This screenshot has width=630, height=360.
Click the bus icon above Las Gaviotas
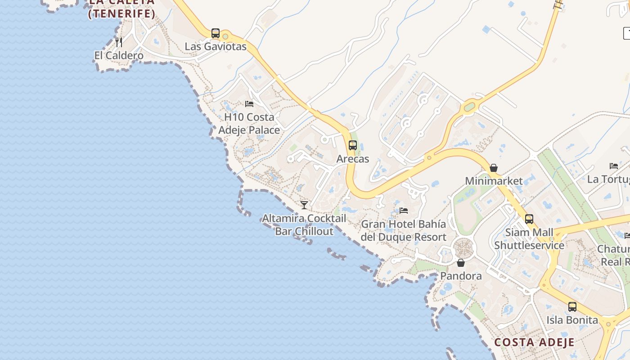(216, 33)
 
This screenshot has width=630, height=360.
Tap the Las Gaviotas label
(216, 46)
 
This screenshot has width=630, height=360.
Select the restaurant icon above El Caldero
(119, 42)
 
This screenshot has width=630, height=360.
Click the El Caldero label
(119, 55)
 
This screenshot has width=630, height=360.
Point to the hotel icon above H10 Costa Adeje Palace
(249, 104)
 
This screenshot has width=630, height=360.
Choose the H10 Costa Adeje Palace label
(249, 124)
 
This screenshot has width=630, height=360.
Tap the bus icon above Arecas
(353, 145)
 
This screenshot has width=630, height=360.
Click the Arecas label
(353, 159)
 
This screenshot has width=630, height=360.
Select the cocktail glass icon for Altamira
(304, 205)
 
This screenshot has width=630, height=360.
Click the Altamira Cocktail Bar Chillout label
(304, 225)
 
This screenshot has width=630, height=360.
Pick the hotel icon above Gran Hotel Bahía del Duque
(404, 211)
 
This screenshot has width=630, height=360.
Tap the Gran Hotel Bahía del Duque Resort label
(404, 230)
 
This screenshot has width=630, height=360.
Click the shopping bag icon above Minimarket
(494, 168)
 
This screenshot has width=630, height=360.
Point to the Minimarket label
(494, 181)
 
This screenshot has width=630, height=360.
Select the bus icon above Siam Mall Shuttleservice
(529, 219)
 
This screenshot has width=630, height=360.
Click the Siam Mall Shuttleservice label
(529, 239)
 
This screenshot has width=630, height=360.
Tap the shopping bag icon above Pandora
(461, 263)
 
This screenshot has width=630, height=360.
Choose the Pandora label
(461, 276)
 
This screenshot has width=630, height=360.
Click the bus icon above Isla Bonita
(572, 307)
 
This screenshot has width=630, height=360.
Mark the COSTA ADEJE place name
(534, 342)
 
